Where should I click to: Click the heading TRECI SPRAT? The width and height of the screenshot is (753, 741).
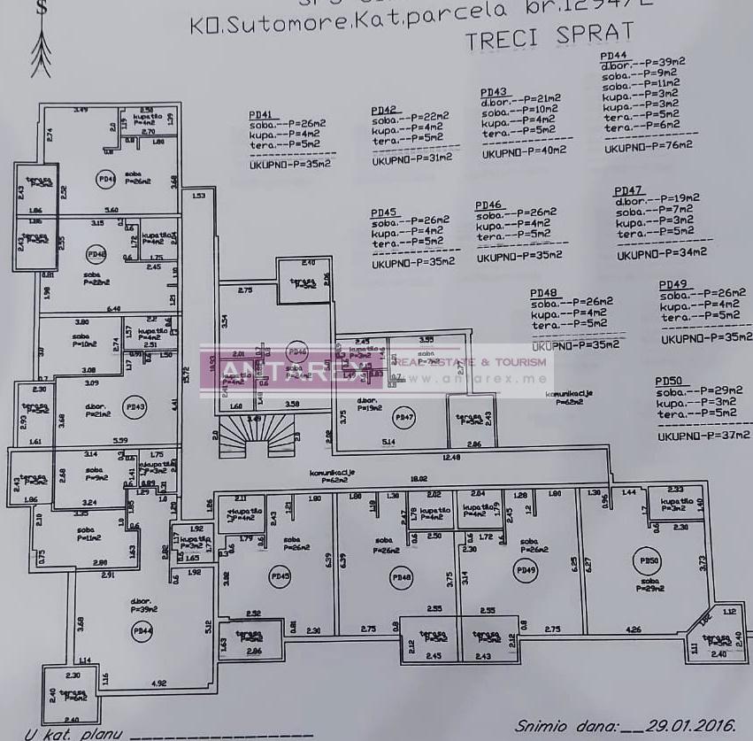click(x=549, y=35)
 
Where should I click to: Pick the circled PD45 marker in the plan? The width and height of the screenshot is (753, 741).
click(x=280, y=576)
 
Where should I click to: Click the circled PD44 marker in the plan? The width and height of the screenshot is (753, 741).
click(x=140, y=630)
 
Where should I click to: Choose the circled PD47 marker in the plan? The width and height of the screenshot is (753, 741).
click(x=403, y=416)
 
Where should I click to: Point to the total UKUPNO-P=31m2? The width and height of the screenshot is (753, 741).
click(x=411, y=158)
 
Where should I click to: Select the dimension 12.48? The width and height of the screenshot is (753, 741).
click(x=451, y=458)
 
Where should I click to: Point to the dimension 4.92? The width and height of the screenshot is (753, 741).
click(x=159, y=683)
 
